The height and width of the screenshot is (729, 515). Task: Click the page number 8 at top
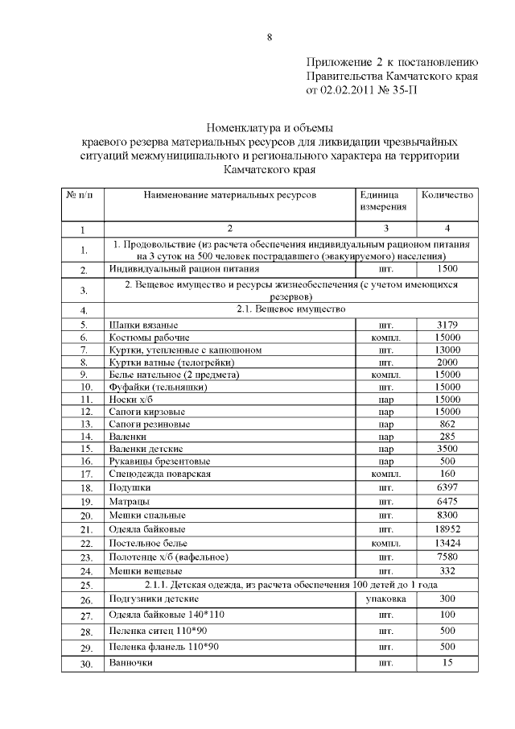pyautogui.click(x=270, y=37)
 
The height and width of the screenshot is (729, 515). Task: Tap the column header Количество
pyautogui.click(x=447, y=195)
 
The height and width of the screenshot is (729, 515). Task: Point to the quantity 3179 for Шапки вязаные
pyautogui.click(x=447, y=325)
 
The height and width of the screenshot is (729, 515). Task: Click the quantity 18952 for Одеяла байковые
pyautogui.click(x=447, y=529)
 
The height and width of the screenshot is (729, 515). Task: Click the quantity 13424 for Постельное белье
pyautogui.click(x=447, y=544)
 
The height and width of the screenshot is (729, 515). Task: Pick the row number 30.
pyautogui.click(x=83, y=665)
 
